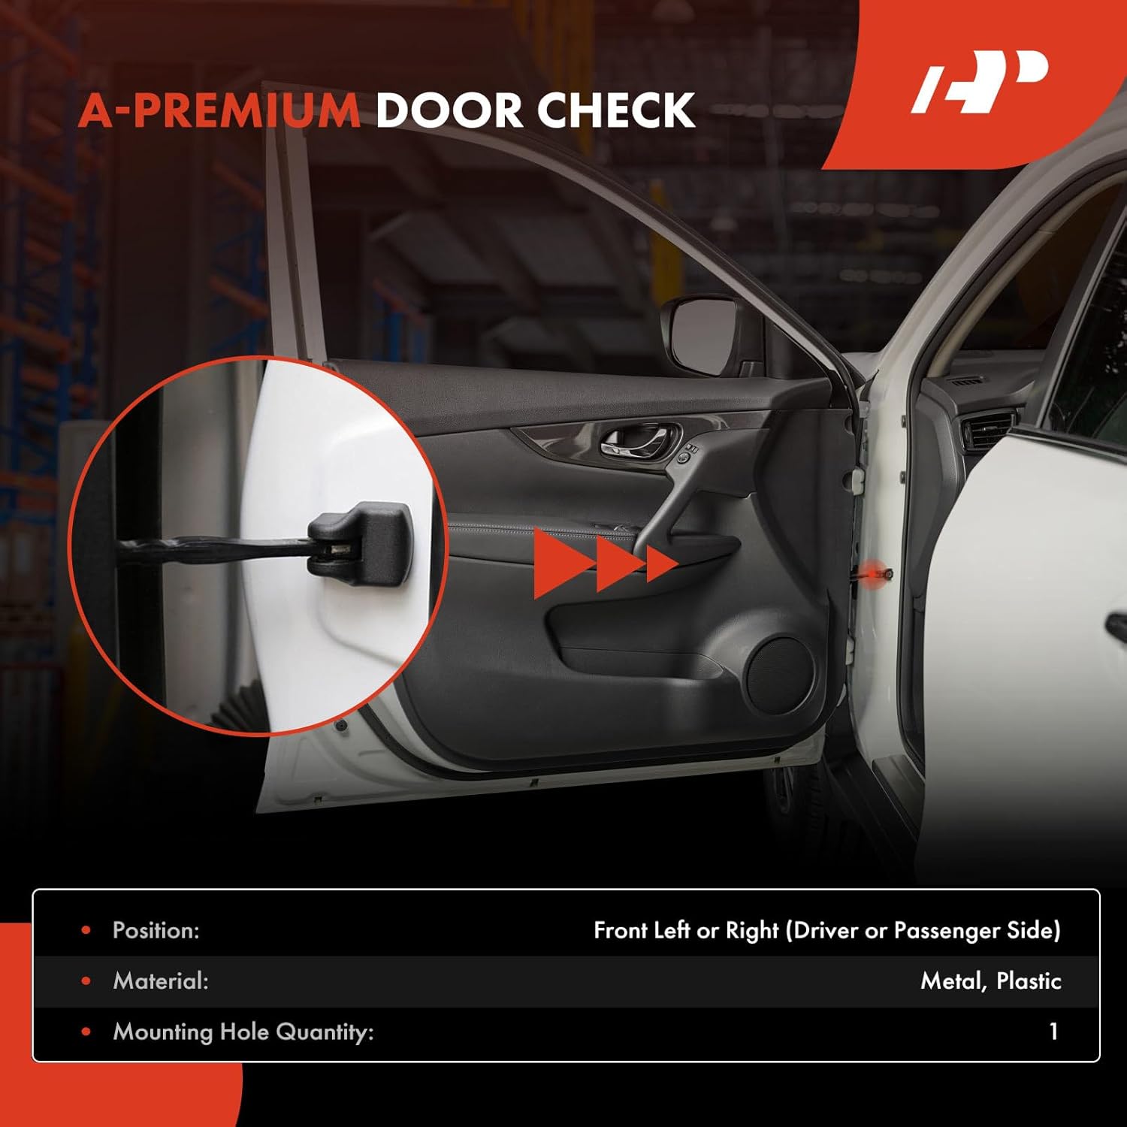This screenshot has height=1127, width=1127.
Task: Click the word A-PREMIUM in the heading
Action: click(219, 110)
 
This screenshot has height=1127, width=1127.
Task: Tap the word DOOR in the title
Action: click(448, 110)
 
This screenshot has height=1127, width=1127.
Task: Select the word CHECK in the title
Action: click(615, 110)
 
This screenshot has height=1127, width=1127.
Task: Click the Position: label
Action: click(156, 930)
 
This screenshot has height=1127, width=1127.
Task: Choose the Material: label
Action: click(160, 980)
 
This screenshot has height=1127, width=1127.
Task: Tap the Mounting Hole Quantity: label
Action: click(243, 1032)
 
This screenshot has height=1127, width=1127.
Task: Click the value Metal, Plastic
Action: click(990, 980)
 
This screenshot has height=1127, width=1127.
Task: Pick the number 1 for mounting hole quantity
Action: click(1053, 1031)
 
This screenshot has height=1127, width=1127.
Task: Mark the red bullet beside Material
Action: click(86, 980)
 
